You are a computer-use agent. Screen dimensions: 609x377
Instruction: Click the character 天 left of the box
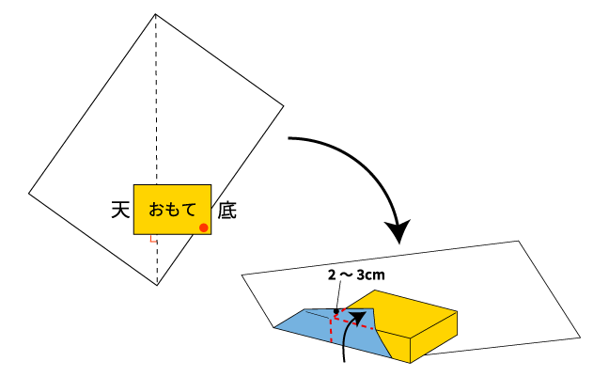coord(120,210)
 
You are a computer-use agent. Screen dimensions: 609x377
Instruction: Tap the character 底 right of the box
coord(226,211)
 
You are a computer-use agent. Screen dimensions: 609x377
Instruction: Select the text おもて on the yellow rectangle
coord(172,210)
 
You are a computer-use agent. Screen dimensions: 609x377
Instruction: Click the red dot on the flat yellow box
coord(204,228)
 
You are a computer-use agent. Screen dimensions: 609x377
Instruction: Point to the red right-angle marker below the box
coord(152,239)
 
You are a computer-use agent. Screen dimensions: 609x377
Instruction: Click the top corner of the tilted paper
coord(155,14)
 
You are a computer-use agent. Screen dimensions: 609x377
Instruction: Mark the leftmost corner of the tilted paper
coord(29,193)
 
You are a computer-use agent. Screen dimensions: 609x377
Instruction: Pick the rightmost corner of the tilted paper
coord(284,105)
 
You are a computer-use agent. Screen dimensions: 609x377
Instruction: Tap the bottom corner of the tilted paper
coord(157,285)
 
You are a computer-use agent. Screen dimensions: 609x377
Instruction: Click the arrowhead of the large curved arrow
coord(398,231)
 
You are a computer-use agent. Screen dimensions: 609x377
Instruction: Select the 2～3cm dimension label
coord(356,275)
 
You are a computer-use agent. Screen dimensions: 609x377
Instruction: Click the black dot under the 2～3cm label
coord(336,311)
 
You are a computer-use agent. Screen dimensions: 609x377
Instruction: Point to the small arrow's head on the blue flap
coord(359,316)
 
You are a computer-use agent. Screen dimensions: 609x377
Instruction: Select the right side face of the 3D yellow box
coord(434,337)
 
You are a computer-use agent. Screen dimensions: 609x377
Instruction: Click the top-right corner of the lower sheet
coord(519,242)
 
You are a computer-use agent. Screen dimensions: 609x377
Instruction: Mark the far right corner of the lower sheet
coord(580,338)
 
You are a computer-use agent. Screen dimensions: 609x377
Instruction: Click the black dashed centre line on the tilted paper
coord(156,149)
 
